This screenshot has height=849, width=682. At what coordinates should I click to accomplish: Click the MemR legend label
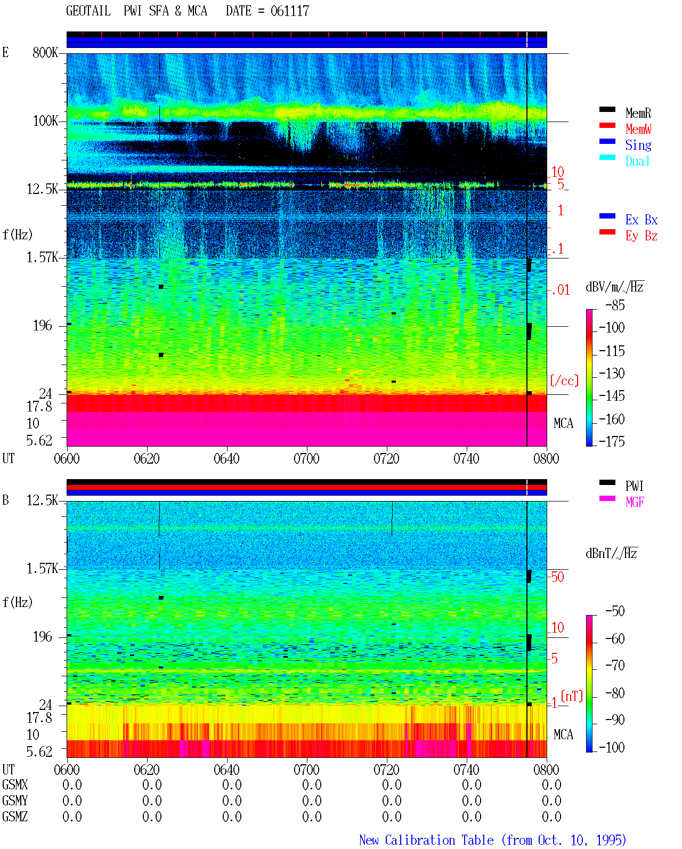point(638,113)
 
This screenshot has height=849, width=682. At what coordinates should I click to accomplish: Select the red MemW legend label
point(638,129)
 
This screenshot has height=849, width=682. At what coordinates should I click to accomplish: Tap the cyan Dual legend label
point(637,161)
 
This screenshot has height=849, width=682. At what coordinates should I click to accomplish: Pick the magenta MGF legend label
point(635,502)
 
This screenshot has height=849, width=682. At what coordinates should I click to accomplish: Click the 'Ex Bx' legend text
point(641,220)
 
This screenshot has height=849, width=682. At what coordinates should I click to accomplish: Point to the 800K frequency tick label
point(45,52)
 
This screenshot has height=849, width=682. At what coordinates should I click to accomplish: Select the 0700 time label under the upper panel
point(306,458)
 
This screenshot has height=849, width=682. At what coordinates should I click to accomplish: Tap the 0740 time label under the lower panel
point(466,770)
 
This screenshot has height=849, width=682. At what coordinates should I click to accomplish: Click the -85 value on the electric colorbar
point(615,305)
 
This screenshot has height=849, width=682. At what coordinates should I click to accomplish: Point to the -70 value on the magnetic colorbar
point(615,666)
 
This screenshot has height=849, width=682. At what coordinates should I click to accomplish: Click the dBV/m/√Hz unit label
point(615,287)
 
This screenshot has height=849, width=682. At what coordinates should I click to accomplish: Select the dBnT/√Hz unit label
point(612,554)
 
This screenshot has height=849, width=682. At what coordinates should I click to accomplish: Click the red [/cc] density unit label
point(564,381)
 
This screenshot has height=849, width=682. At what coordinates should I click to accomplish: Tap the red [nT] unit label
point(572,696)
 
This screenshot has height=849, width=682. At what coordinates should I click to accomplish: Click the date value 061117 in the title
point(290,11)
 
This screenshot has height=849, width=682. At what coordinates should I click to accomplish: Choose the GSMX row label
point(15,785)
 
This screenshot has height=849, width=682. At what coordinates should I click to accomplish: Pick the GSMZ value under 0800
point(551,816)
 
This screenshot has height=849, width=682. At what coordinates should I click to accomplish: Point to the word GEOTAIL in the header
point(88,11)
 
